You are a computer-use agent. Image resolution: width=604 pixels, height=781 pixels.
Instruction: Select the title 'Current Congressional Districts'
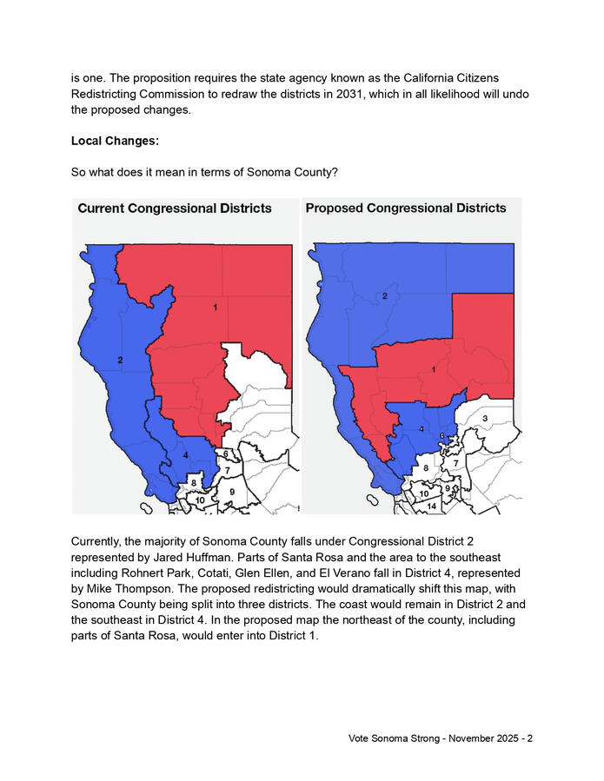point(175,208)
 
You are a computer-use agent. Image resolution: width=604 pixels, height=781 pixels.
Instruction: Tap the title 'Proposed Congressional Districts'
point(406,208)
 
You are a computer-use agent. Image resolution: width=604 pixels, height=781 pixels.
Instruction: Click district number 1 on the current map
point(216,308)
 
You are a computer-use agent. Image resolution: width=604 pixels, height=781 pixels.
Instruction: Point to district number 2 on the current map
point(120,359)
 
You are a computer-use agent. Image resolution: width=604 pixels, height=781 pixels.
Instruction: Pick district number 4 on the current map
point(185,455)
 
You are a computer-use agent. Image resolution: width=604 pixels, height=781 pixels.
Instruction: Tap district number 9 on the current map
point(232,492)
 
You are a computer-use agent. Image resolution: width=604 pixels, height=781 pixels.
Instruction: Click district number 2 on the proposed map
point(385,296)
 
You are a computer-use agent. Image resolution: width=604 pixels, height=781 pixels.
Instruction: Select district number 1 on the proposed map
point(434,371)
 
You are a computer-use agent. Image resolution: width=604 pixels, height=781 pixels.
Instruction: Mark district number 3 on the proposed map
point(485,419)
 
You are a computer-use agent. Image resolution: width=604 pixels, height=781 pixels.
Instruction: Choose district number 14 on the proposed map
point(431,506)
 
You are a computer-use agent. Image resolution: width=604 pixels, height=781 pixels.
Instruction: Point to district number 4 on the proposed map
point(421,428)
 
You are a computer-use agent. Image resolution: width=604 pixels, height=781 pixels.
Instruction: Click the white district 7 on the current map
point(226,471)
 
